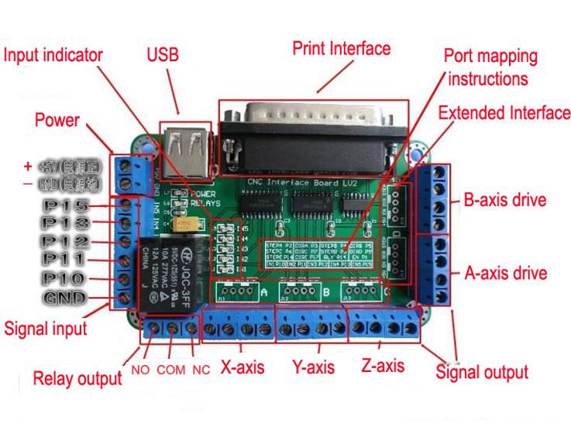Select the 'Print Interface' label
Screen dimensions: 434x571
(x=341, y=48)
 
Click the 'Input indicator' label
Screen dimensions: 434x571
(x=53, y=55)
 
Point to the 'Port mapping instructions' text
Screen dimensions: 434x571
(x=490, y=67)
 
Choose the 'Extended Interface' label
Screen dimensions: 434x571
(x=504, y=113)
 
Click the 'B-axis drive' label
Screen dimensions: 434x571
(x=504, y=200)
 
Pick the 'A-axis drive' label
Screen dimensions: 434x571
(x=504, y=273)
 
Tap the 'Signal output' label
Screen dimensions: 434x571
(x=482, y=371)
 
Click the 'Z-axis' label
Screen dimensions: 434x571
(x=384, y=364)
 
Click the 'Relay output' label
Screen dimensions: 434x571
(x=77, y=378)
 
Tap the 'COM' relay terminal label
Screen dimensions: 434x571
(x=170, y=370)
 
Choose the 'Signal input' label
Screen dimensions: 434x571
(x=46, y=328)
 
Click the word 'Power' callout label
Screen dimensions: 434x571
(x=57, y=120)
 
